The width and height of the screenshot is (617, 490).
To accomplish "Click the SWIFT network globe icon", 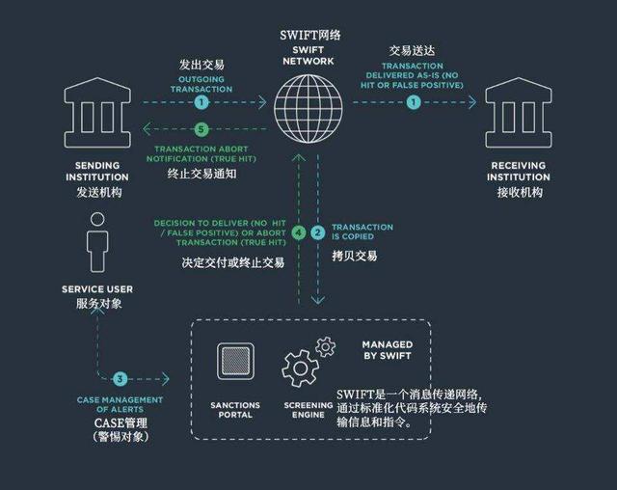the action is coord(308,109).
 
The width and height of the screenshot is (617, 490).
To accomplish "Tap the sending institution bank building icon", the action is coord(97,113).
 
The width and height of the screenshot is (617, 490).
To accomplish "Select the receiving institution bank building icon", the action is coord(519,113).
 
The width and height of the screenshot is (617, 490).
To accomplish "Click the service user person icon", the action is coord(97,242).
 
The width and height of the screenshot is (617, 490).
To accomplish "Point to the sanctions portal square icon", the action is coord(235,362).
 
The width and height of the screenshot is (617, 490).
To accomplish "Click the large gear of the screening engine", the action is coord(301,368).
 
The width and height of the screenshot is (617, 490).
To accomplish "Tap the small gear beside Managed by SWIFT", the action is coord(326,346).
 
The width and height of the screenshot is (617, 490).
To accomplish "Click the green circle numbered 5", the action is coord(201,129).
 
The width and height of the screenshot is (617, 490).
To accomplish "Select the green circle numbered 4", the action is coord(299,232).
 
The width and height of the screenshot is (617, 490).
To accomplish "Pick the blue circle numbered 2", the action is coord(317,232).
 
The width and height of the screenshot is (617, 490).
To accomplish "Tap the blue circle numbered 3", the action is coord(120,379).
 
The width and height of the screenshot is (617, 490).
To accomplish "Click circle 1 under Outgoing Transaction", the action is coord(201,102).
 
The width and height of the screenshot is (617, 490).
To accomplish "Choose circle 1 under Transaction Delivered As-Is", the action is coord(414,102).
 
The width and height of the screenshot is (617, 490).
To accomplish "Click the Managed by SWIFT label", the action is coord(388,350).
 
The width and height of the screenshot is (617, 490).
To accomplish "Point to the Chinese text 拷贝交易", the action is coord(355,256).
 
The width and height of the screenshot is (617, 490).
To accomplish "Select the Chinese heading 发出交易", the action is coord(201,65).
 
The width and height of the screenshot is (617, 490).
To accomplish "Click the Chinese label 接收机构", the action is coord(520,192).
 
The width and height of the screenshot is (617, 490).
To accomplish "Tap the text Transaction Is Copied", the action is coord(362,231).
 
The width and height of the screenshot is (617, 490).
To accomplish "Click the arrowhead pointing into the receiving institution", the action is coord(472,102).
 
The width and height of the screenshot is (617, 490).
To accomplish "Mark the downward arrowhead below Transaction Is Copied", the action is coord(318,300).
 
